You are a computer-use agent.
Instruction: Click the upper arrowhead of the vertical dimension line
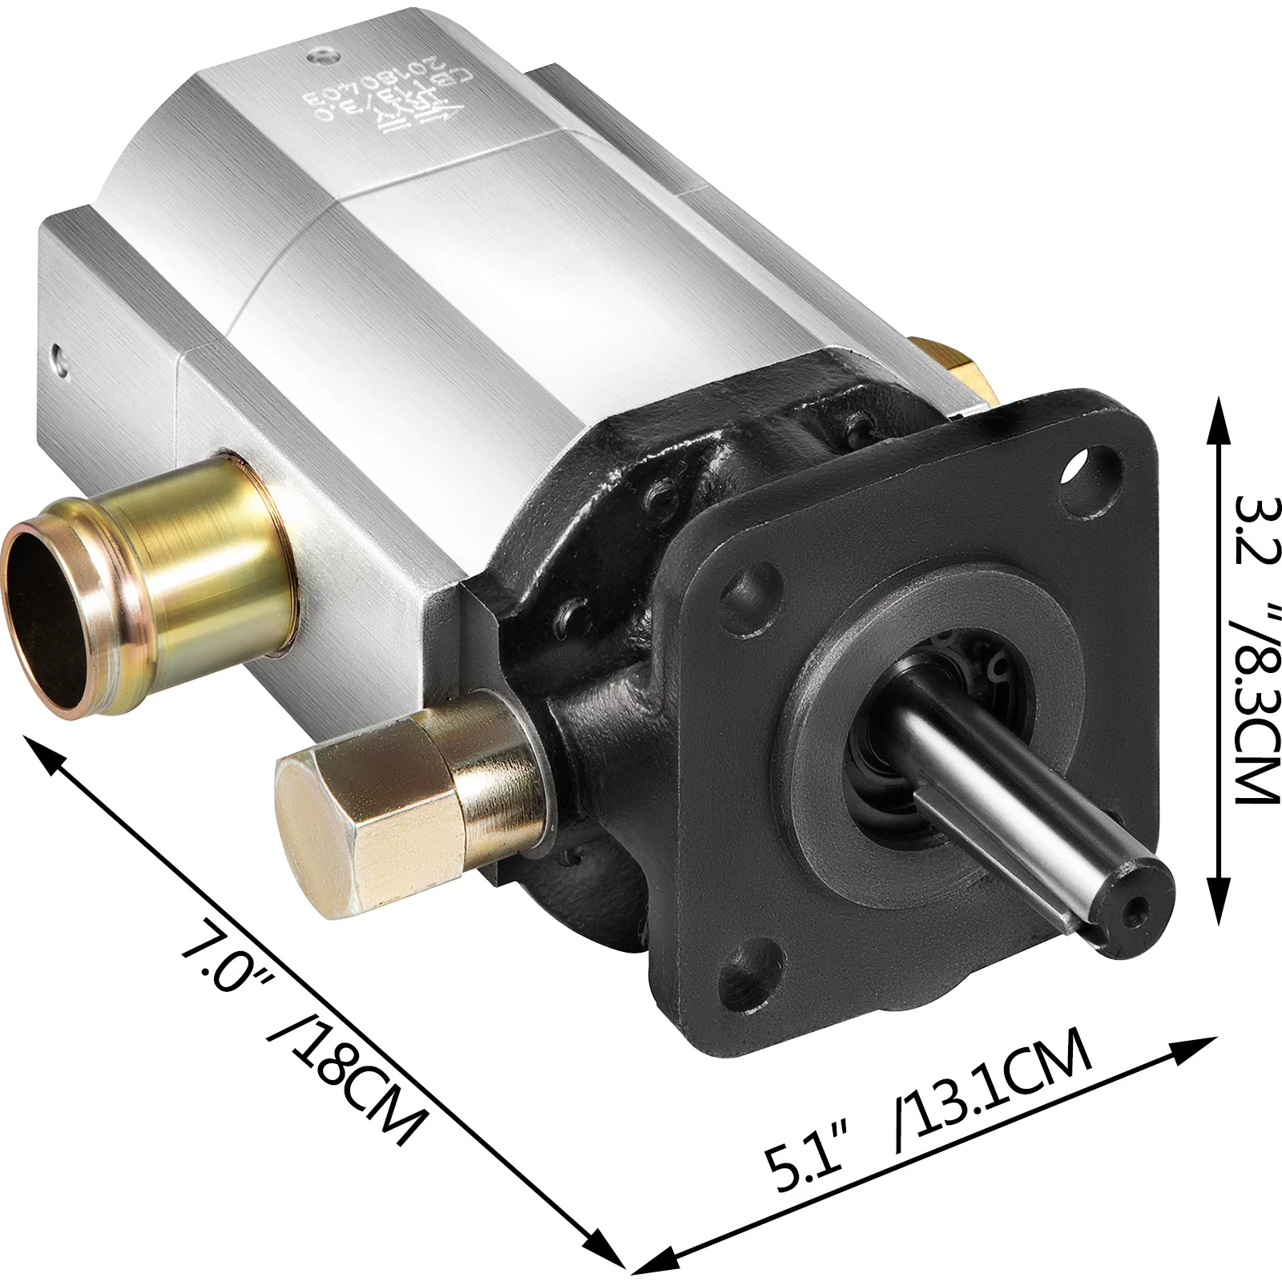(1218, 417)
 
